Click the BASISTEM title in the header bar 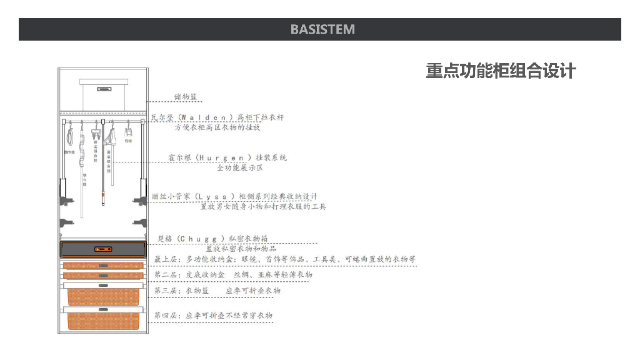[x=322, y=29]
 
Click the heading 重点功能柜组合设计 [x=501, y=71]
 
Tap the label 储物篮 [x=186, y=97]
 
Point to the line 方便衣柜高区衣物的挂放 [x=217, y=127]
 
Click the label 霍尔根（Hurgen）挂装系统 [x=227, y=157]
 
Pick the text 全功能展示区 [x=240, y=167]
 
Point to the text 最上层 [x=167, y=259]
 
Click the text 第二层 [x=167, y=274]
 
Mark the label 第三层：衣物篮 [x=181, y=291]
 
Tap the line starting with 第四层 [x=213, y=316]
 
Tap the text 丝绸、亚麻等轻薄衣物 [x=273, y=274]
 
